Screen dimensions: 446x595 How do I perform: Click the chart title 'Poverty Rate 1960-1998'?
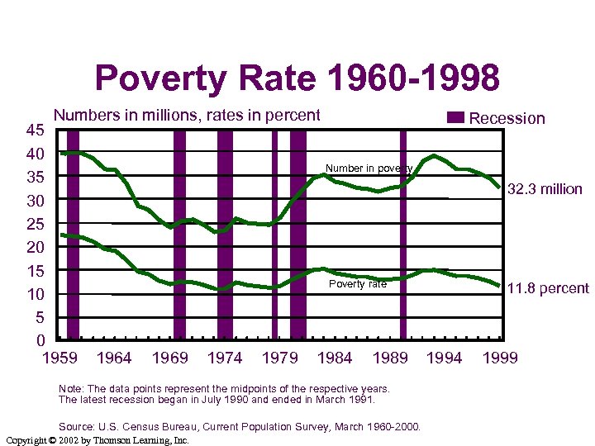[x=297, y=79]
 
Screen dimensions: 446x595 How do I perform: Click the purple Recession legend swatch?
[x=456, y=117]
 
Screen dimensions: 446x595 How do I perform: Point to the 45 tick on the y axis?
[x=35, y=130]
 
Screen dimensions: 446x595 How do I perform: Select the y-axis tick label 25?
[x=35, y=224]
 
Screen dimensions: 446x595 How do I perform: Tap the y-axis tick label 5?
[x=40, y=318]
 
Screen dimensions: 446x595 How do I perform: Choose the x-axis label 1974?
[x=225, y=358]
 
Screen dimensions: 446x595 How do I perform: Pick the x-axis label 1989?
[x=390, y=358]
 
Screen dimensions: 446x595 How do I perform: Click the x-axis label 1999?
[x=500, y=358]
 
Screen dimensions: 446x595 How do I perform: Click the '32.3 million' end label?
[x=545, y=189]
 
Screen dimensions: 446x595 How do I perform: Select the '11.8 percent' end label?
[x=547, y=288]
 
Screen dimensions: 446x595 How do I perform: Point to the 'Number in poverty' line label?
[x=369, y=168]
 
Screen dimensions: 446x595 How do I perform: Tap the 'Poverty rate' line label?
[x=357, y=284]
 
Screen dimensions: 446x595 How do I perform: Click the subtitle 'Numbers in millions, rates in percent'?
[x=187, y=116]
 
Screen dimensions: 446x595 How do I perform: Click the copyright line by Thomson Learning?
[x=98, y=440]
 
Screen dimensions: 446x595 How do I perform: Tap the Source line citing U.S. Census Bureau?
[x=240, y=427]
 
